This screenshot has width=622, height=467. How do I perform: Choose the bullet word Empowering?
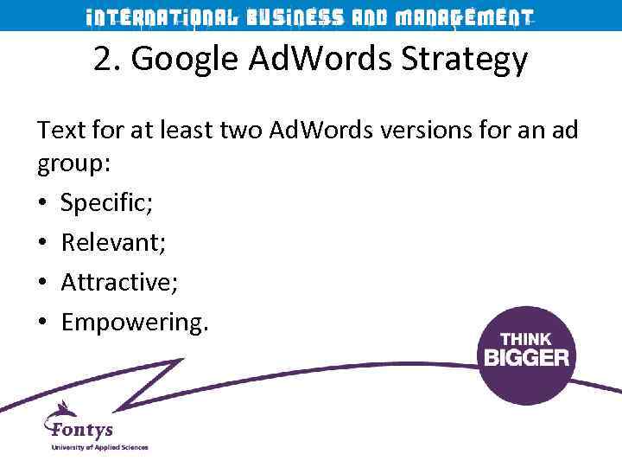[x=135, y=323]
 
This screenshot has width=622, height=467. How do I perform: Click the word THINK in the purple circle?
[x=526, y=340]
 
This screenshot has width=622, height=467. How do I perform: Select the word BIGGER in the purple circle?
[x=526, y=356]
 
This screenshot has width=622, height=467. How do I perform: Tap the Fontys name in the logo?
[x=84, y=429]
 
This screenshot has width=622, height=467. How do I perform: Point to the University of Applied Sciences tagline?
[x=99, y=447]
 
